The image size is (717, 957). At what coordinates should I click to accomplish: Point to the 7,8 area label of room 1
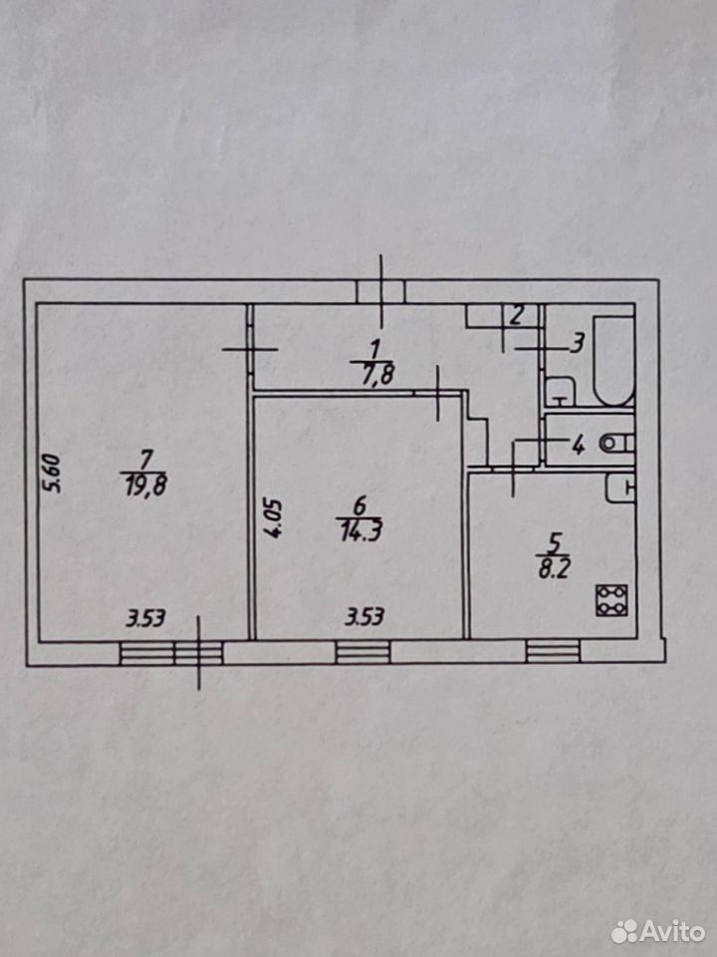pyautogui.click(x=371, y=374)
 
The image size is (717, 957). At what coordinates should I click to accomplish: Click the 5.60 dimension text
pyautogui.click(x=53, y=473)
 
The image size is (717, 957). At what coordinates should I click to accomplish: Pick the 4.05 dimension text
pyautogui.click(x=274, y=518)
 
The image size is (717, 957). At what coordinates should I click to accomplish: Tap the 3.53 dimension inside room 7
pyautogui.click(x=145, y=619)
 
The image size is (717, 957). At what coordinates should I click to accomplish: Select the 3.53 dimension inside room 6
pyautogui.click(x=364, y=618)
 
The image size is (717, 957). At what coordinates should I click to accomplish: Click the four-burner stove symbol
pyautogui.click(x=611, y=600)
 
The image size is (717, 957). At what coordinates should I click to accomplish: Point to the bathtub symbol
pyautogui.click(x=614, y=360)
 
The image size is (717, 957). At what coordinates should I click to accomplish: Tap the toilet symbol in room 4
pyautogui.click(x=616, y=443)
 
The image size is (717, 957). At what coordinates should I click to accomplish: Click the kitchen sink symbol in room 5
pyautogui.click(x=620, y=488)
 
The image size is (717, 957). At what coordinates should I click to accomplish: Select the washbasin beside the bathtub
pyautogui.click(x=559, y=391)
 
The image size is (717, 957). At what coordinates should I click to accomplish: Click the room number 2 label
pyautogui.click(x=516, y=316)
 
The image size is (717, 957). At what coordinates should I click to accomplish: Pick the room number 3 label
pyautogui.click(x=578, y=344)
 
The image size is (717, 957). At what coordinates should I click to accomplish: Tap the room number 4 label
pyautogui.click(x=578, y=445)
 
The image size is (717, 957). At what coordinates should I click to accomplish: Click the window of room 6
pyautogui.click(x=362, y=652)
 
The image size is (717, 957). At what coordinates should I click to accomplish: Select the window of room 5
pyautogui.click(x=553, y=651)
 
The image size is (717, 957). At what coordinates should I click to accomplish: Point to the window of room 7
pyautogui.click(x=171, y=653)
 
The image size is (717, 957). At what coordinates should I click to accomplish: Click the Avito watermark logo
pyautogui.click(x=658, y=931)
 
